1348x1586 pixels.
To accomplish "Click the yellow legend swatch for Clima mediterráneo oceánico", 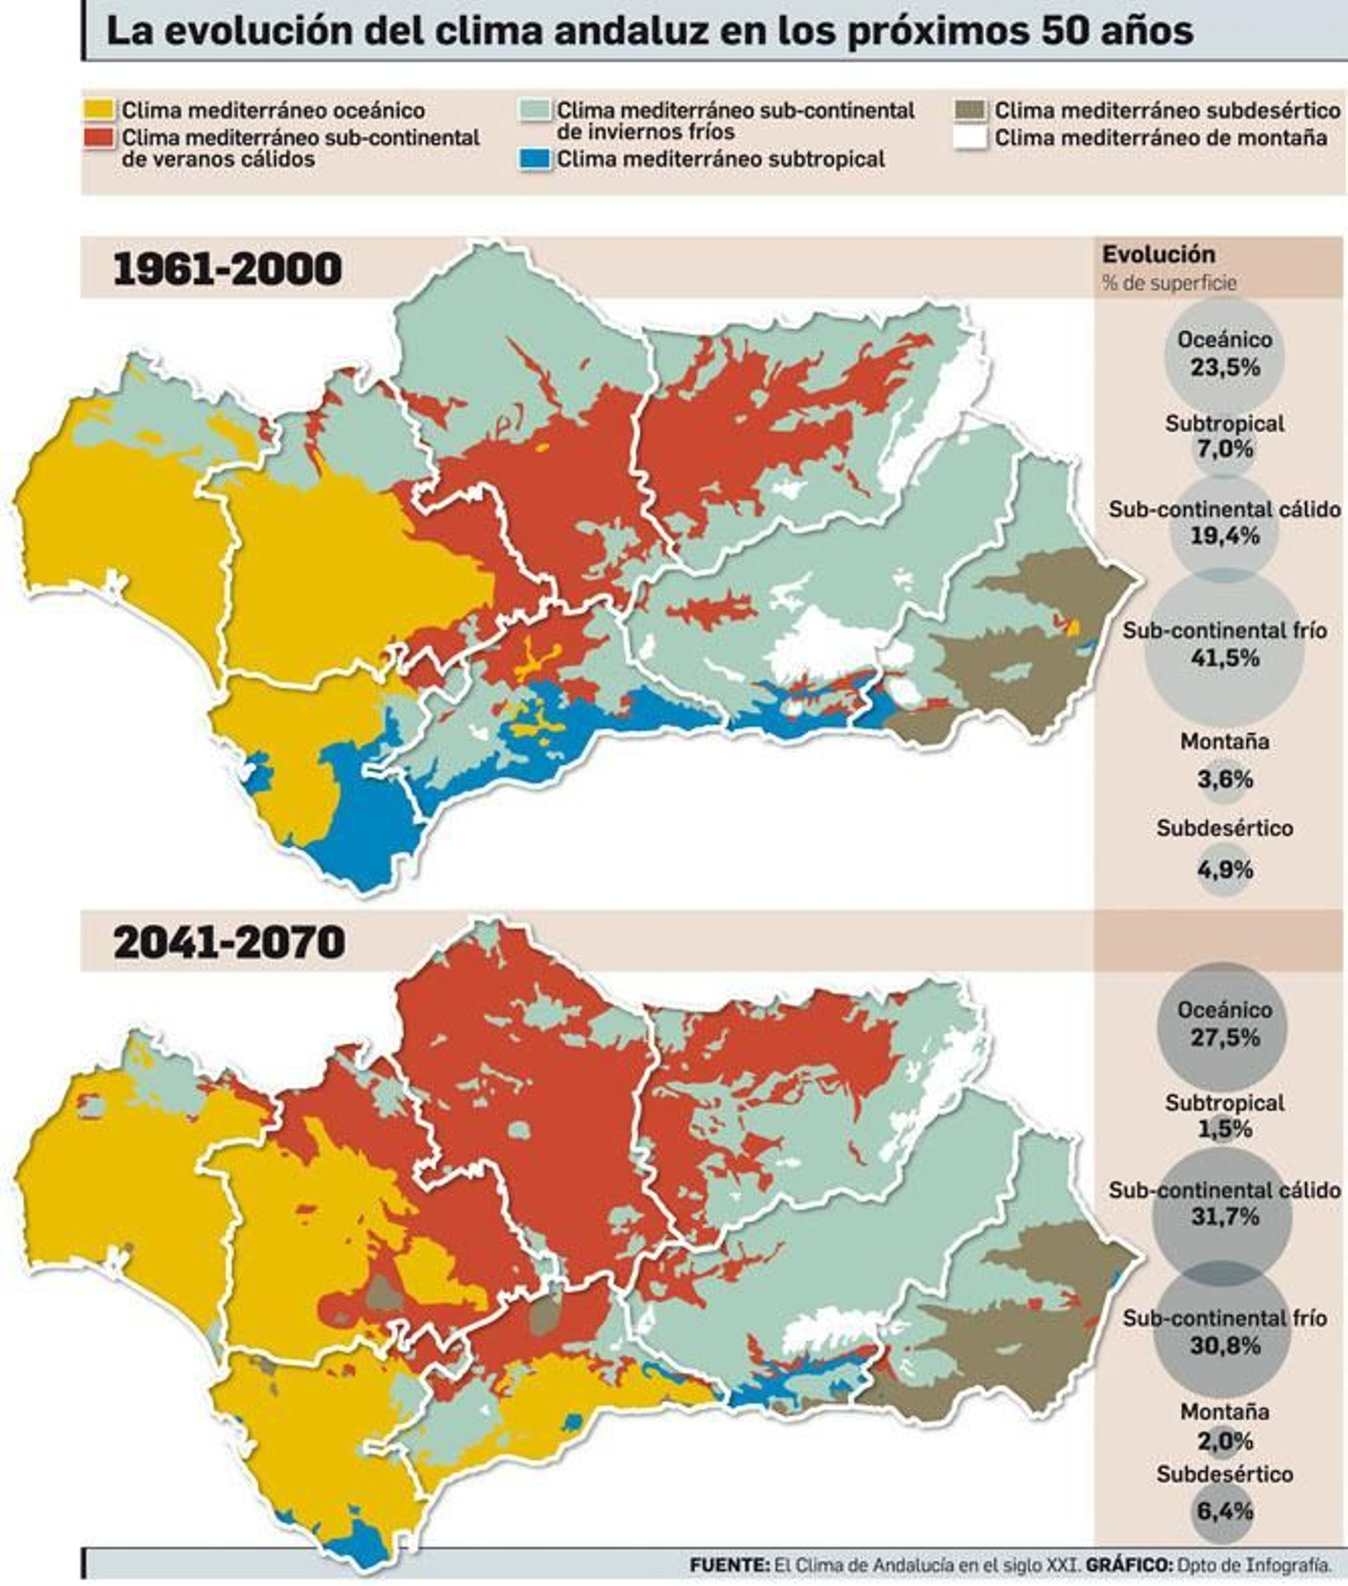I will click(99, 110).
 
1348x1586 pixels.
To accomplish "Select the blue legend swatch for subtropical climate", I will click(535, 159).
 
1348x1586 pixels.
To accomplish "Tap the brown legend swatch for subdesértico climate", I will click(971, 110).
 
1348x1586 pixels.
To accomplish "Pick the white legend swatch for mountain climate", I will click(971, 137).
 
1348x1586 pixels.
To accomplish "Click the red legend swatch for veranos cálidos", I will click(99, 137).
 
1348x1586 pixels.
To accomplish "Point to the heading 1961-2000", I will click(227, 270).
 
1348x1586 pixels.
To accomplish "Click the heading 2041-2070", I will click(229, 942).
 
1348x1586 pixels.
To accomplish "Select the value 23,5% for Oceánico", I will click(1225, 368).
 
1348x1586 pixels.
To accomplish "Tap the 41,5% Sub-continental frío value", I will click(1225, 658).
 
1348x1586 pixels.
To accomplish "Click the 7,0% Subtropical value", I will click(1225, 449).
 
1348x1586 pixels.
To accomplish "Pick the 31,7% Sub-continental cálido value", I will click(1225, 1216).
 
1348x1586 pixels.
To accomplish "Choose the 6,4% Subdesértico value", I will click(1225, 1510).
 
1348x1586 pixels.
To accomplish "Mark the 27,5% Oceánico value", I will click(1225, 1037).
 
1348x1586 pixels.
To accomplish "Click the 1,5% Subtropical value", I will click(1225, 1129).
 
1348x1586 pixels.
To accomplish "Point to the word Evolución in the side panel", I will click(1158, 254).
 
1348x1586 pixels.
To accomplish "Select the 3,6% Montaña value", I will click(1225, 779).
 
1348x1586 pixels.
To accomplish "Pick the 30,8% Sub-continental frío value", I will click(1225, 1345).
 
